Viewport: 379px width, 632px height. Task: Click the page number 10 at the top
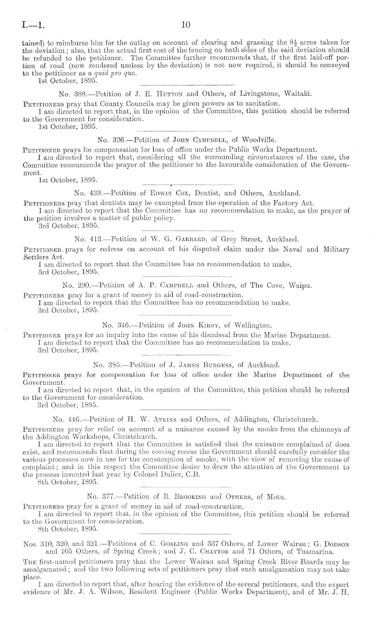(x=186, y=24)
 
